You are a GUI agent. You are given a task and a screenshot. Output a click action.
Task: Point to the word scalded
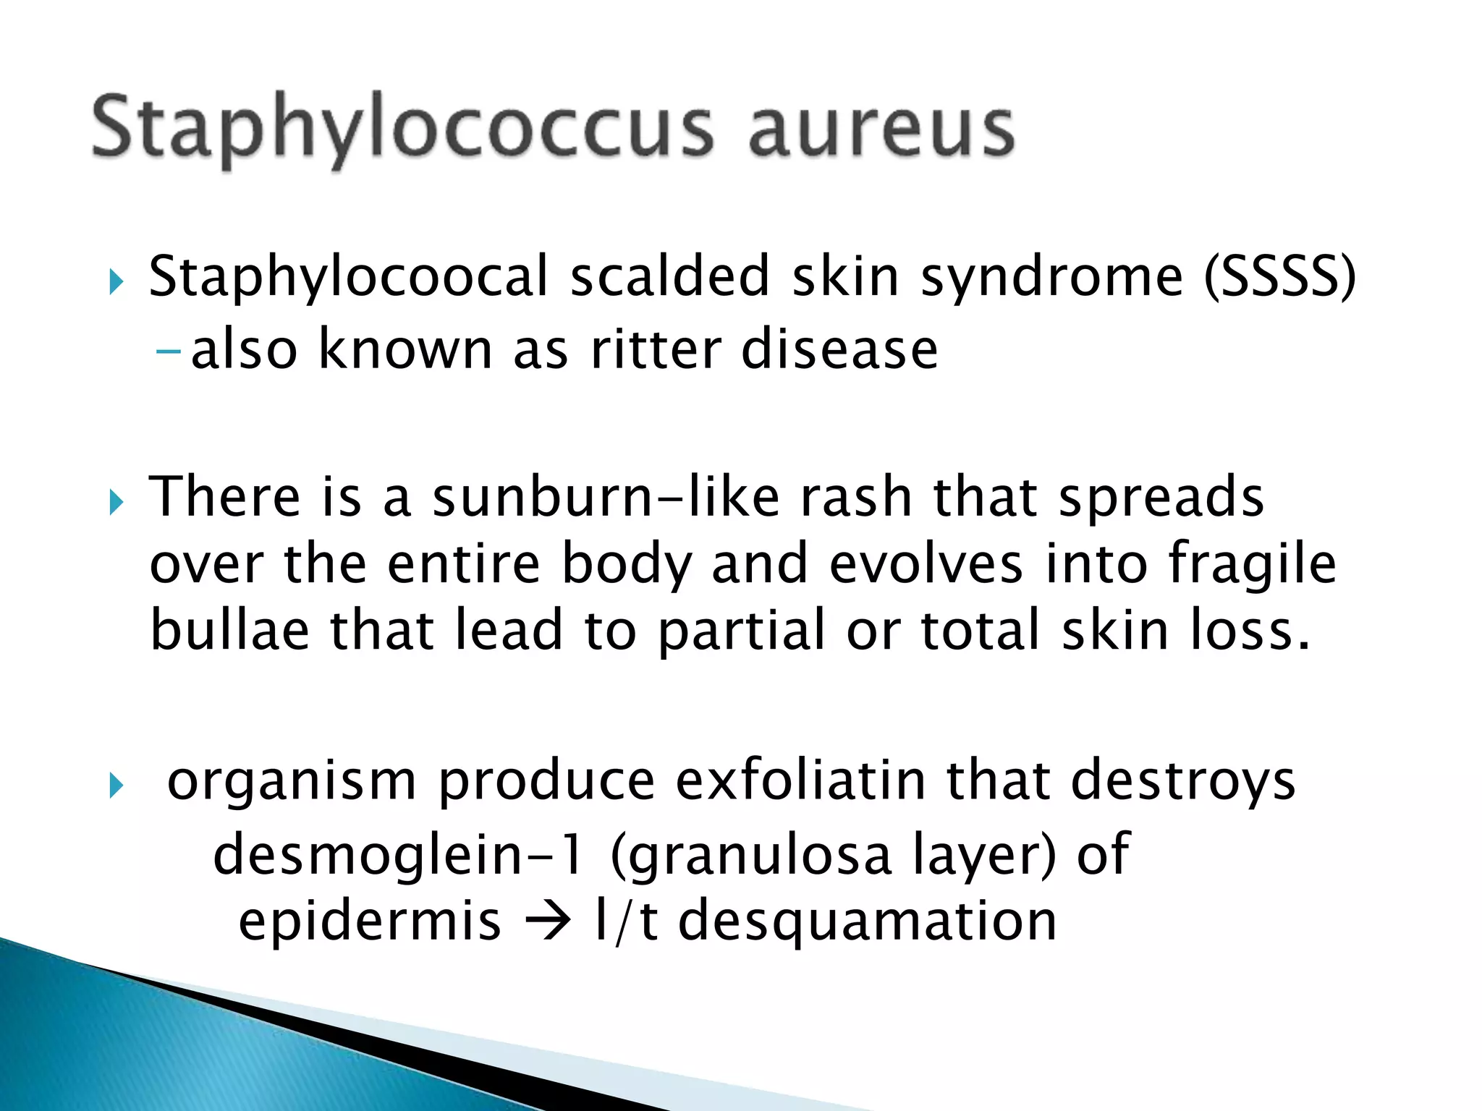(669, 277)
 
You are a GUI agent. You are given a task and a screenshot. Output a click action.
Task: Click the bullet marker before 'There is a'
(117, 501)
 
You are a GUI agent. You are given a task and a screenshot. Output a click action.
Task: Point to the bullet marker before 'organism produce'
(117, 785)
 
